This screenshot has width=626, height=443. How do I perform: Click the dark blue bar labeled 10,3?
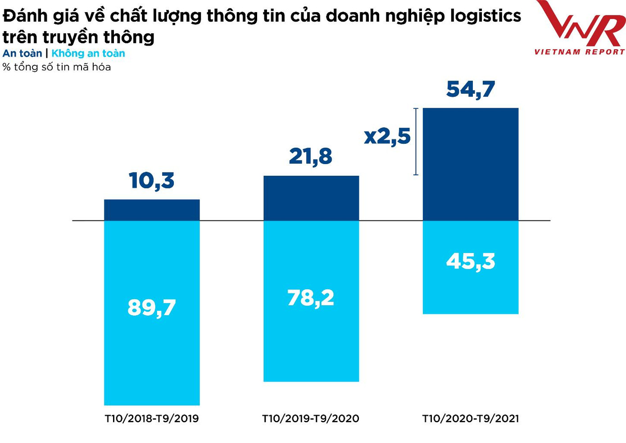152,210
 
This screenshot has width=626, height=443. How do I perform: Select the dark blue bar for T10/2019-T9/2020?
311,198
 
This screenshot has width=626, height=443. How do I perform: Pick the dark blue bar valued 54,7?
471,164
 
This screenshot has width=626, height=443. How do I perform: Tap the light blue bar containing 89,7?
152,352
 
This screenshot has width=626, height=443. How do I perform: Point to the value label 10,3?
152,181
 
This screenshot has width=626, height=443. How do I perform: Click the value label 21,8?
311,157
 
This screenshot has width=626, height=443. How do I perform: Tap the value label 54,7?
471,89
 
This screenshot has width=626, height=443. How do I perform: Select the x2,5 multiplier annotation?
387,136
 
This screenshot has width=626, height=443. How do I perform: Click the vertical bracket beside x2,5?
416,142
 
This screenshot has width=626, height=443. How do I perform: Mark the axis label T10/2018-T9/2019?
152,419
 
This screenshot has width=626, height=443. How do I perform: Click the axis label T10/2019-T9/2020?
311,419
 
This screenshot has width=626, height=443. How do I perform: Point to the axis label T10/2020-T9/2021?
471,419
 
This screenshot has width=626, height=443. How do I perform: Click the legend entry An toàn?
22,53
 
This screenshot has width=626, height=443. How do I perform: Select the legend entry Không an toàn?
88,53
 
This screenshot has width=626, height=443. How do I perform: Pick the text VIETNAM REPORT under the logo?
580,52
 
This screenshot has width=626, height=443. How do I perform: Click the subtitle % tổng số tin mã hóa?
57,67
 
